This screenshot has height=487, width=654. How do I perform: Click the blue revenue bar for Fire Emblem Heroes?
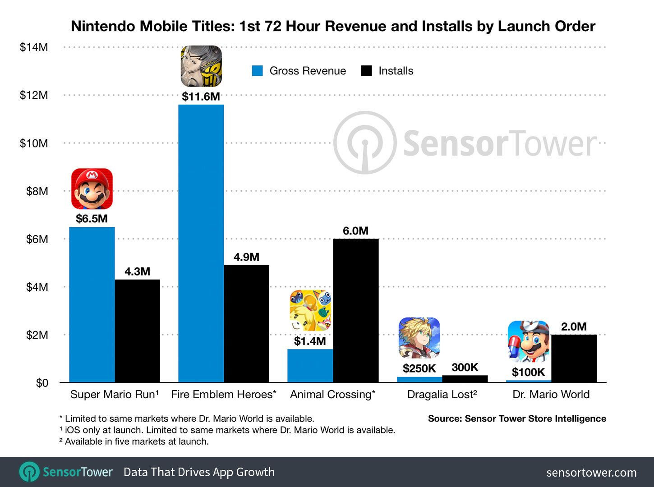(x=201, y=243)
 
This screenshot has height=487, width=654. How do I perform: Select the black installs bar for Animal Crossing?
(x=356, y=311)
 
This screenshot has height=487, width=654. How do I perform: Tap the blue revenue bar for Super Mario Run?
(x=92, y=304)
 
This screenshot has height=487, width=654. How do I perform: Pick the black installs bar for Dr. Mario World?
(x=574, y=358)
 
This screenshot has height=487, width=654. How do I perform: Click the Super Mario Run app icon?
(x=92, y=188)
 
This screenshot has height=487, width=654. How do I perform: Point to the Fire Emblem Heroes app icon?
(x=201, y=66)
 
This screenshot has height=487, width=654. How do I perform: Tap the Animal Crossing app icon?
(x=310, y=310)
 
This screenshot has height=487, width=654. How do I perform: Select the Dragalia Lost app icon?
(x=419, y=338)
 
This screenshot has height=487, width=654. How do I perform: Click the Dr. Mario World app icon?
(x=528, y=341)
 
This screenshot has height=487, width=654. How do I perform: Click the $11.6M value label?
(x=201, y=96)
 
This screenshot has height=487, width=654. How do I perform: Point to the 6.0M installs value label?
(x=355, y=231)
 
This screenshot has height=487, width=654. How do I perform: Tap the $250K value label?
(x=419, y=368)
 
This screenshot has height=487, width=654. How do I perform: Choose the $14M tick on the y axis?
(x=34, y=47)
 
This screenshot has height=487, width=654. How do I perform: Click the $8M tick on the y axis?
(x=37, y=191)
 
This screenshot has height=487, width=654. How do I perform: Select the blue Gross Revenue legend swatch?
(x=258, y=71)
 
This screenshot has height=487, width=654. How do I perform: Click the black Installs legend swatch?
(x=367, y=71)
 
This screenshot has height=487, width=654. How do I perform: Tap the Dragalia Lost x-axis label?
(x=442, y=395)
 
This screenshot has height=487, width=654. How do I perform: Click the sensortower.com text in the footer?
(x=591, y=473)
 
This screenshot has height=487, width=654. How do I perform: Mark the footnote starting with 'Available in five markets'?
(x=134, y=441)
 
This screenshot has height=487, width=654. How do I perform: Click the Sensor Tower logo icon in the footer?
(x=29, y=472)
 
